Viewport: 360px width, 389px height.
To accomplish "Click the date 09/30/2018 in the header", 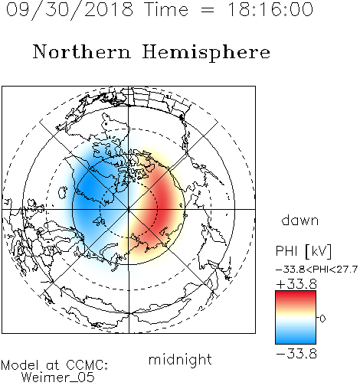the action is pos(70,10).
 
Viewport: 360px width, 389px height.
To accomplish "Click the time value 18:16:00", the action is pos(270,9).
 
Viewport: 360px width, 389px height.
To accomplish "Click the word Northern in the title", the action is pos(82,51).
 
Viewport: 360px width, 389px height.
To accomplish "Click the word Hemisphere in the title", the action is pos(206,53).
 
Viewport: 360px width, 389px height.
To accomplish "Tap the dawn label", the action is pos(300,220).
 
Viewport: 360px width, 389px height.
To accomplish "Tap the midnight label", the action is pos(180,359).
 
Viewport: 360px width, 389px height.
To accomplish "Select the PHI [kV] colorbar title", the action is pos(304,251).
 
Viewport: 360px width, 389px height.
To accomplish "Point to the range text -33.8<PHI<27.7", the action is pos(316,270).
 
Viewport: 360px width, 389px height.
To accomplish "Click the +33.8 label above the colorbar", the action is pos(296,284).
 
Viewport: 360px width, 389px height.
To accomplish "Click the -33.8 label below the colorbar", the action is pos(296,354).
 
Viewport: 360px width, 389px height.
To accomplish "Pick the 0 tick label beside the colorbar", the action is pos(322,319).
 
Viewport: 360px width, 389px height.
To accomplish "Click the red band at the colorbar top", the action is pos(296,296).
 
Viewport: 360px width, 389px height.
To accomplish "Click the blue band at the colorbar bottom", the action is pos(296,338).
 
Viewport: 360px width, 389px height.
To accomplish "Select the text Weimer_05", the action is pos(58,378).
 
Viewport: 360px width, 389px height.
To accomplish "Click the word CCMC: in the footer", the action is pos(87,365).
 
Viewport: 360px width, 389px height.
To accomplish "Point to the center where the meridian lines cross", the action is pos(129,210).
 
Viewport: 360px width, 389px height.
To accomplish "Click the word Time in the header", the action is pos(166,10).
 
